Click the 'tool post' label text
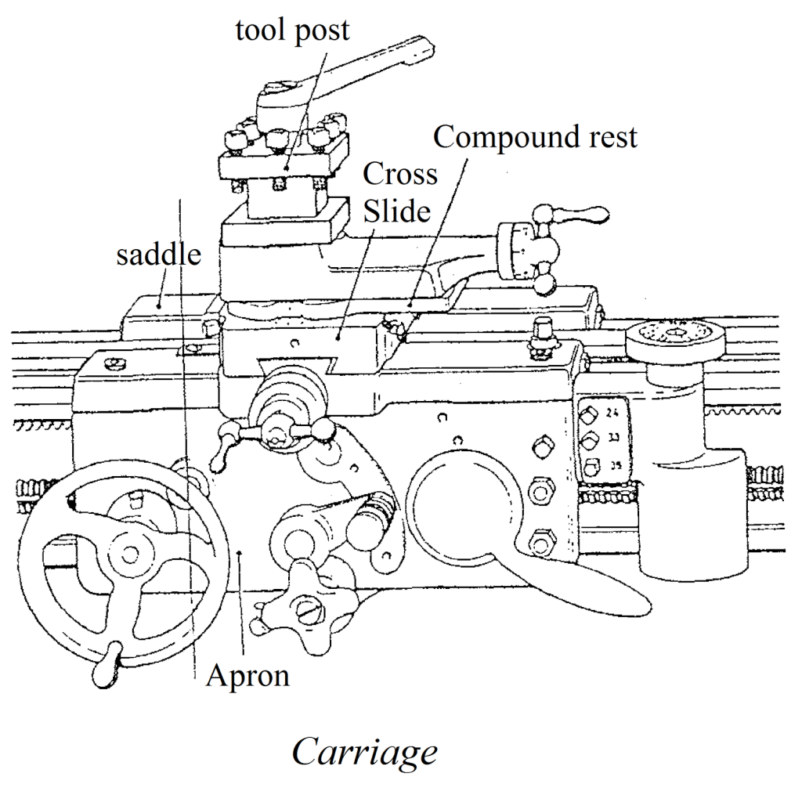tap(292, 31)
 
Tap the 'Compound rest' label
tap(536, 137)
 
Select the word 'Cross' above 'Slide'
tap(400, 174)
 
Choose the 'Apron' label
tap(247, 675)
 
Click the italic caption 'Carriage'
tap(364, 752)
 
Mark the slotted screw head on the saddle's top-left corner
tap(116, 362)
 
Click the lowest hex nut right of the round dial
tap(538, 541)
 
